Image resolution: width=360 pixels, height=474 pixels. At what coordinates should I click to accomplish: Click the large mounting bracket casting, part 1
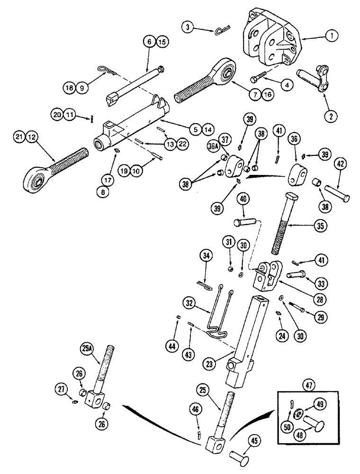tap(270, 43)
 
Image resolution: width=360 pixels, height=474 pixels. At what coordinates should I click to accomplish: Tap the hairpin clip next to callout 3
tap(221, 31)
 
